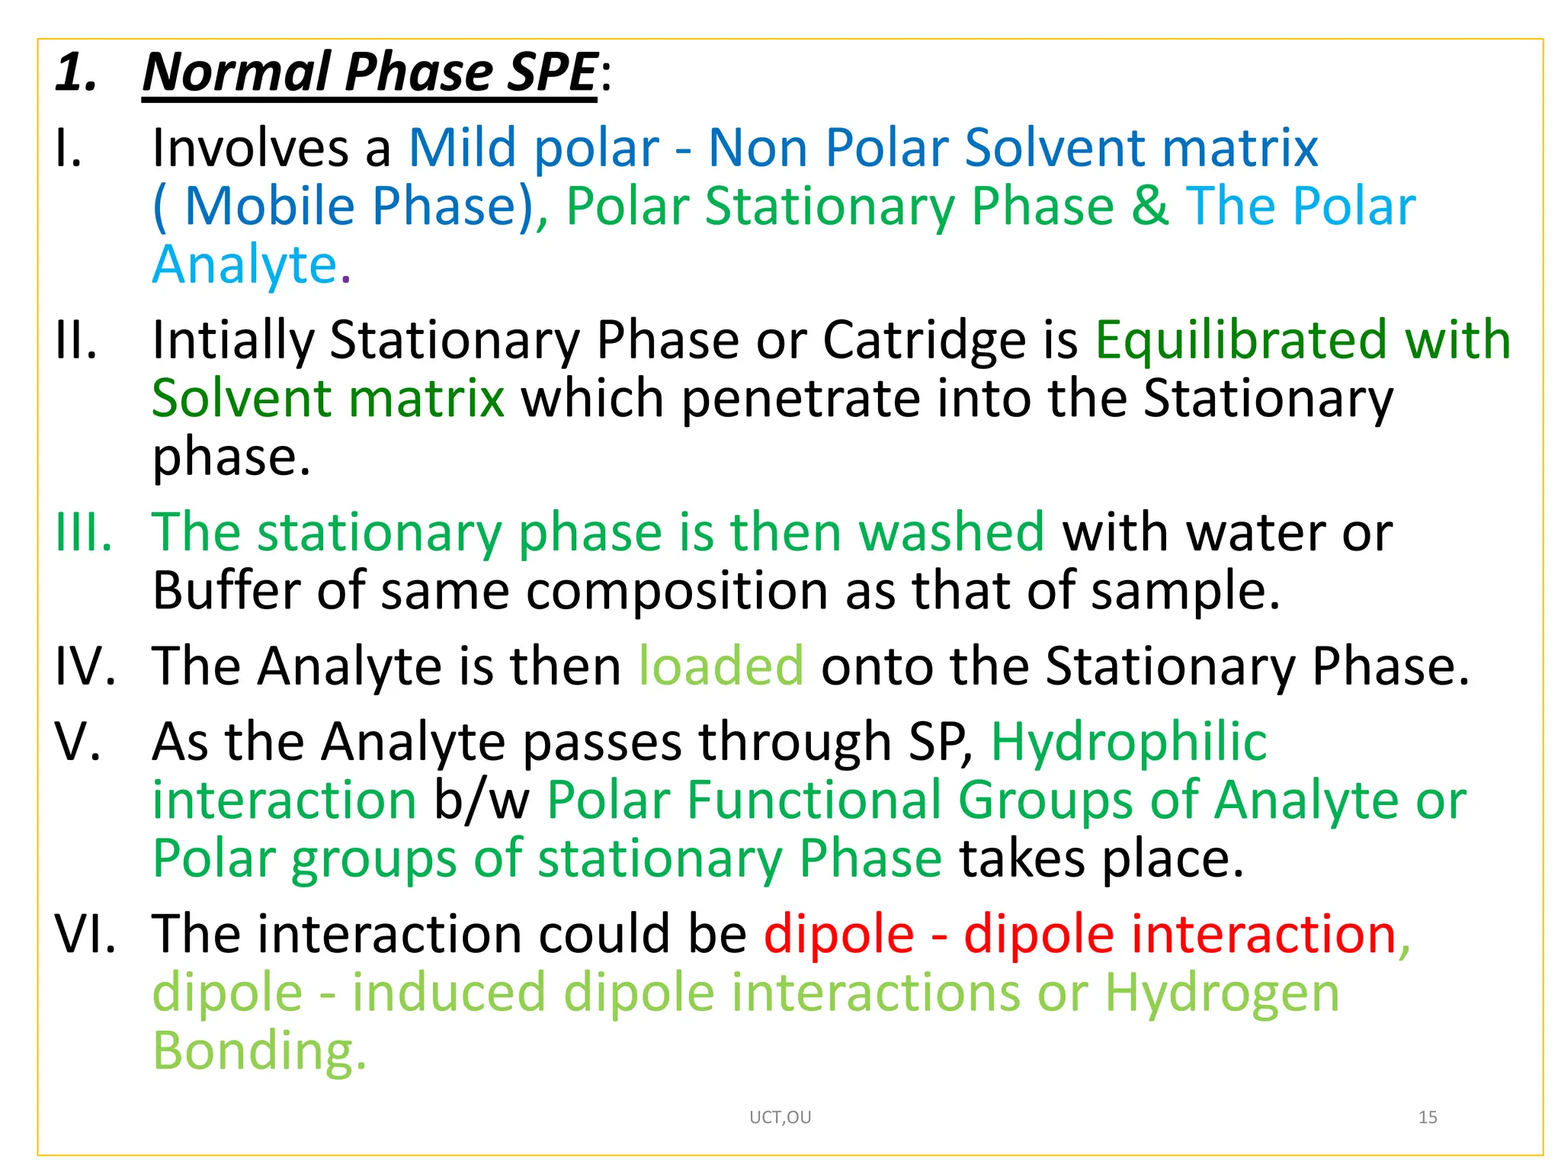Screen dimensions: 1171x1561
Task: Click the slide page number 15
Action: (1428, 1118)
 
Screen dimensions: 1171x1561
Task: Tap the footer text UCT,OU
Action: (780, 1118)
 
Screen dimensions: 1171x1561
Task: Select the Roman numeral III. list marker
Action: (83, 532)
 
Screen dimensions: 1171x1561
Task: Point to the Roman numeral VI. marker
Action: (85, 934)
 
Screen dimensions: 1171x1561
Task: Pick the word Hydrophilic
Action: (1128, 742)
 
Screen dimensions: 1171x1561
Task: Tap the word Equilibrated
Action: (1240, 340)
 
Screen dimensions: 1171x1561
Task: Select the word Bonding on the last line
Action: (252, 1051)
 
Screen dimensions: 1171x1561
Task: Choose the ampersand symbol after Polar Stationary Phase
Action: (1149, 206)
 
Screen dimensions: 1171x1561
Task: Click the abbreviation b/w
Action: (481, 800)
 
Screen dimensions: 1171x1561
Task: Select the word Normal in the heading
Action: (236, 72)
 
